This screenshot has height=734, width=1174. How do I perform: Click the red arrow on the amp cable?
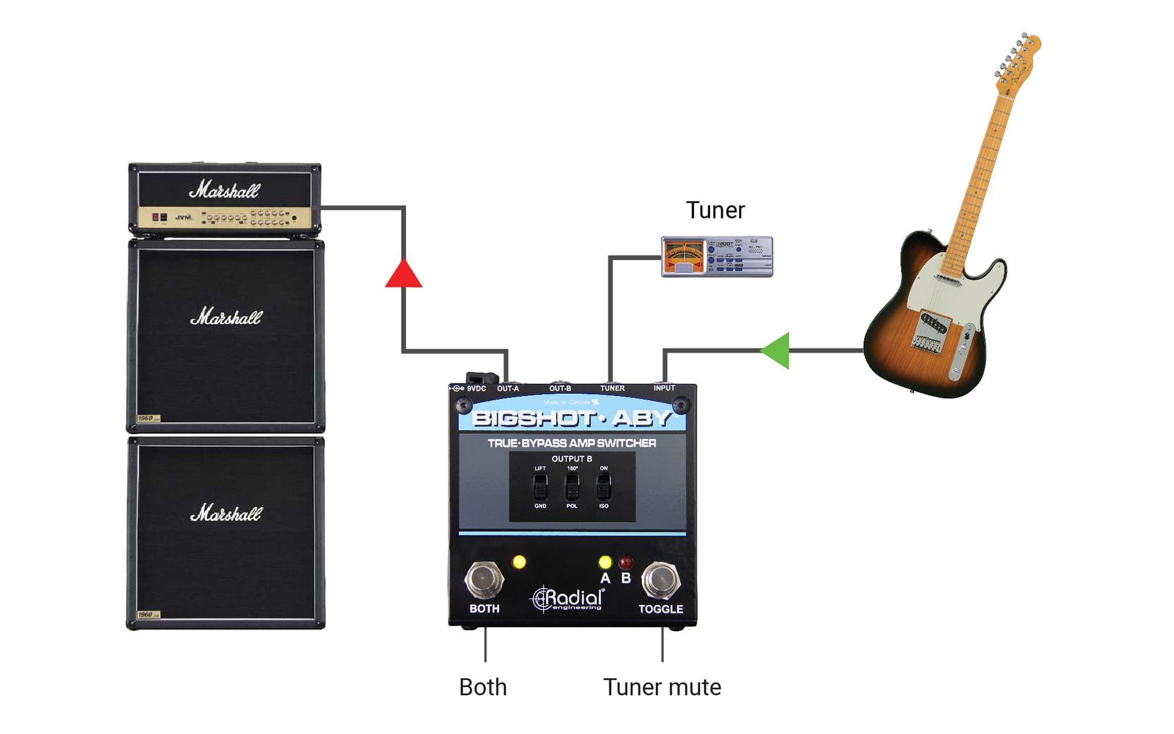[x=403, y=275]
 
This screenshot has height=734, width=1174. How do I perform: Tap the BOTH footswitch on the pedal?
[x=484, y=580]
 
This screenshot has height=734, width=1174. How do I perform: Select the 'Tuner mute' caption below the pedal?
[x=662, y=687]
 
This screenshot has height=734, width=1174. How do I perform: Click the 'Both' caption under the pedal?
[x=483, y=687]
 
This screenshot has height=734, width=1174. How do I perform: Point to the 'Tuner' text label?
[x=715, y=210]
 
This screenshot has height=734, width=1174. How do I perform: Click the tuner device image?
[x=717, y=257]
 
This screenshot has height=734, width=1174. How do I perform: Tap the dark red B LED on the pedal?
[x=626, y=563]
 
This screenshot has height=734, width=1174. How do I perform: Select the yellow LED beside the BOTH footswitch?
[x=519, y=562]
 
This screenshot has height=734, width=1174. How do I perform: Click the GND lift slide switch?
[x=540, y=487]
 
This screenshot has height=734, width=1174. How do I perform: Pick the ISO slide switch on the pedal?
[x=603, y=487]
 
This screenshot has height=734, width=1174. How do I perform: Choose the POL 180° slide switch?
[x=572, y=487]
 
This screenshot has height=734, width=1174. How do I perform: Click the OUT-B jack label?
[x=560, y=388]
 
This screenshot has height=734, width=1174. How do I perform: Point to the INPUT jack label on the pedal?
[x=664, y=388]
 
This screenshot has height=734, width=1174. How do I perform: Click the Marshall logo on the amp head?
[x=224, y=190]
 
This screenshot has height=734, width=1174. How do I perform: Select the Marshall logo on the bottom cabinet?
[x=226, y=513]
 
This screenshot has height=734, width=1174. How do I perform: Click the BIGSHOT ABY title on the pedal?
[x=572, y=418]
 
